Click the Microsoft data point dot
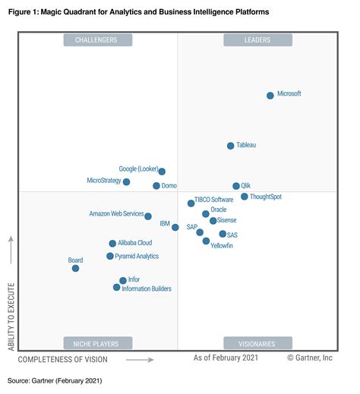[270, 95]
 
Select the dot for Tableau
[231, 145]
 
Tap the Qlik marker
[236, 186]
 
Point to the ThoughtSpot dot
[245, 197]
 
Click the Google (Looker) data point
[162, 172]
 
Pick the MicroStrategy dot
[127, 181]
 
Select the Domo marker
[156, 185]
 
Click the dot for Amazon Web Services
[148, 216]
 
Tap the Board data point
[75, 268]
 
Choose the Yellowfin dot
[207, 241]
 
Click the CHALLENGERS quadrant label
[98, 39]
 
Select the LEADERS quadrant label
[256, 39]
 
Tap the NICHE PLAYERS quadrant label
[98, 342]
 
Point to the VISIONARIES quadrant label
[256, 342]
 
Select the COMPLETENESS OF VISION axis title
[63, 358]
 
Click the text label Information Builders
[147, 288]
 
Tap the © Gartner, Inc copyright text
[310, 358]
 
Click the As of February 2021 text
[226, 358]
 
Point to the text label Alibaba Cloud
[134, 243]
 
